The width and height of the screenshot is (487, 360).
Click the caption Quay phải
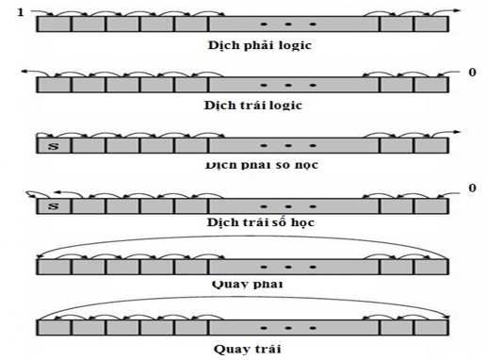tap(249, 282)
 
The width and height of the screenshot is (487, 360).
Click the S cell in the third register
tap(54, 146)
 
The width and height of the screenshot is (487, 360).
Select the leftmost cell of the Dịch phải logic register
tap(54, 25)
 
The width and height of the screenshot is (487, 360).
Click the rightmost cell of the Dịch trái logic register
tap(429, 85)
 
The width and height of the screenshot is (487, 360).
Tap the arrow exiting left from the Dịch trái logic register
tap(28, 72)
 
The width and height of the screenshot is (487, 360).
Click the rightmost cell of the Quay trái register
tap(429, 327)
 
